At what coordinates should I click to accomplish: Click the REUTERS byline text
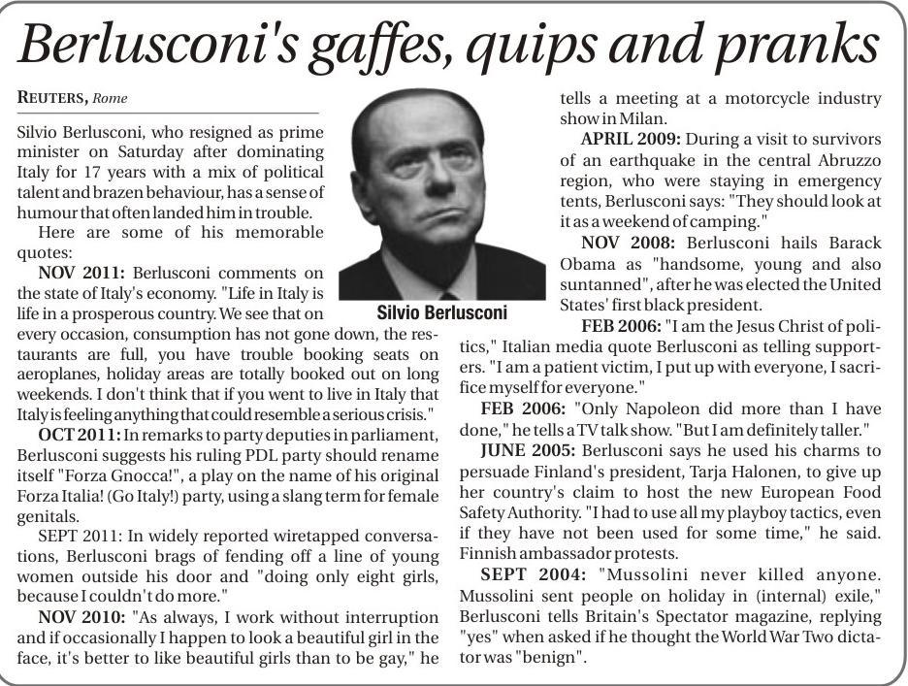[52, 98]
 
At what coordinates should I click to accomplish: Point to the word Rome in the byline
[111, 98]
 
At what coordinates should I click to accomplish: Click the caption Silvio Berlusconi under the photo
[440, 313]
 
